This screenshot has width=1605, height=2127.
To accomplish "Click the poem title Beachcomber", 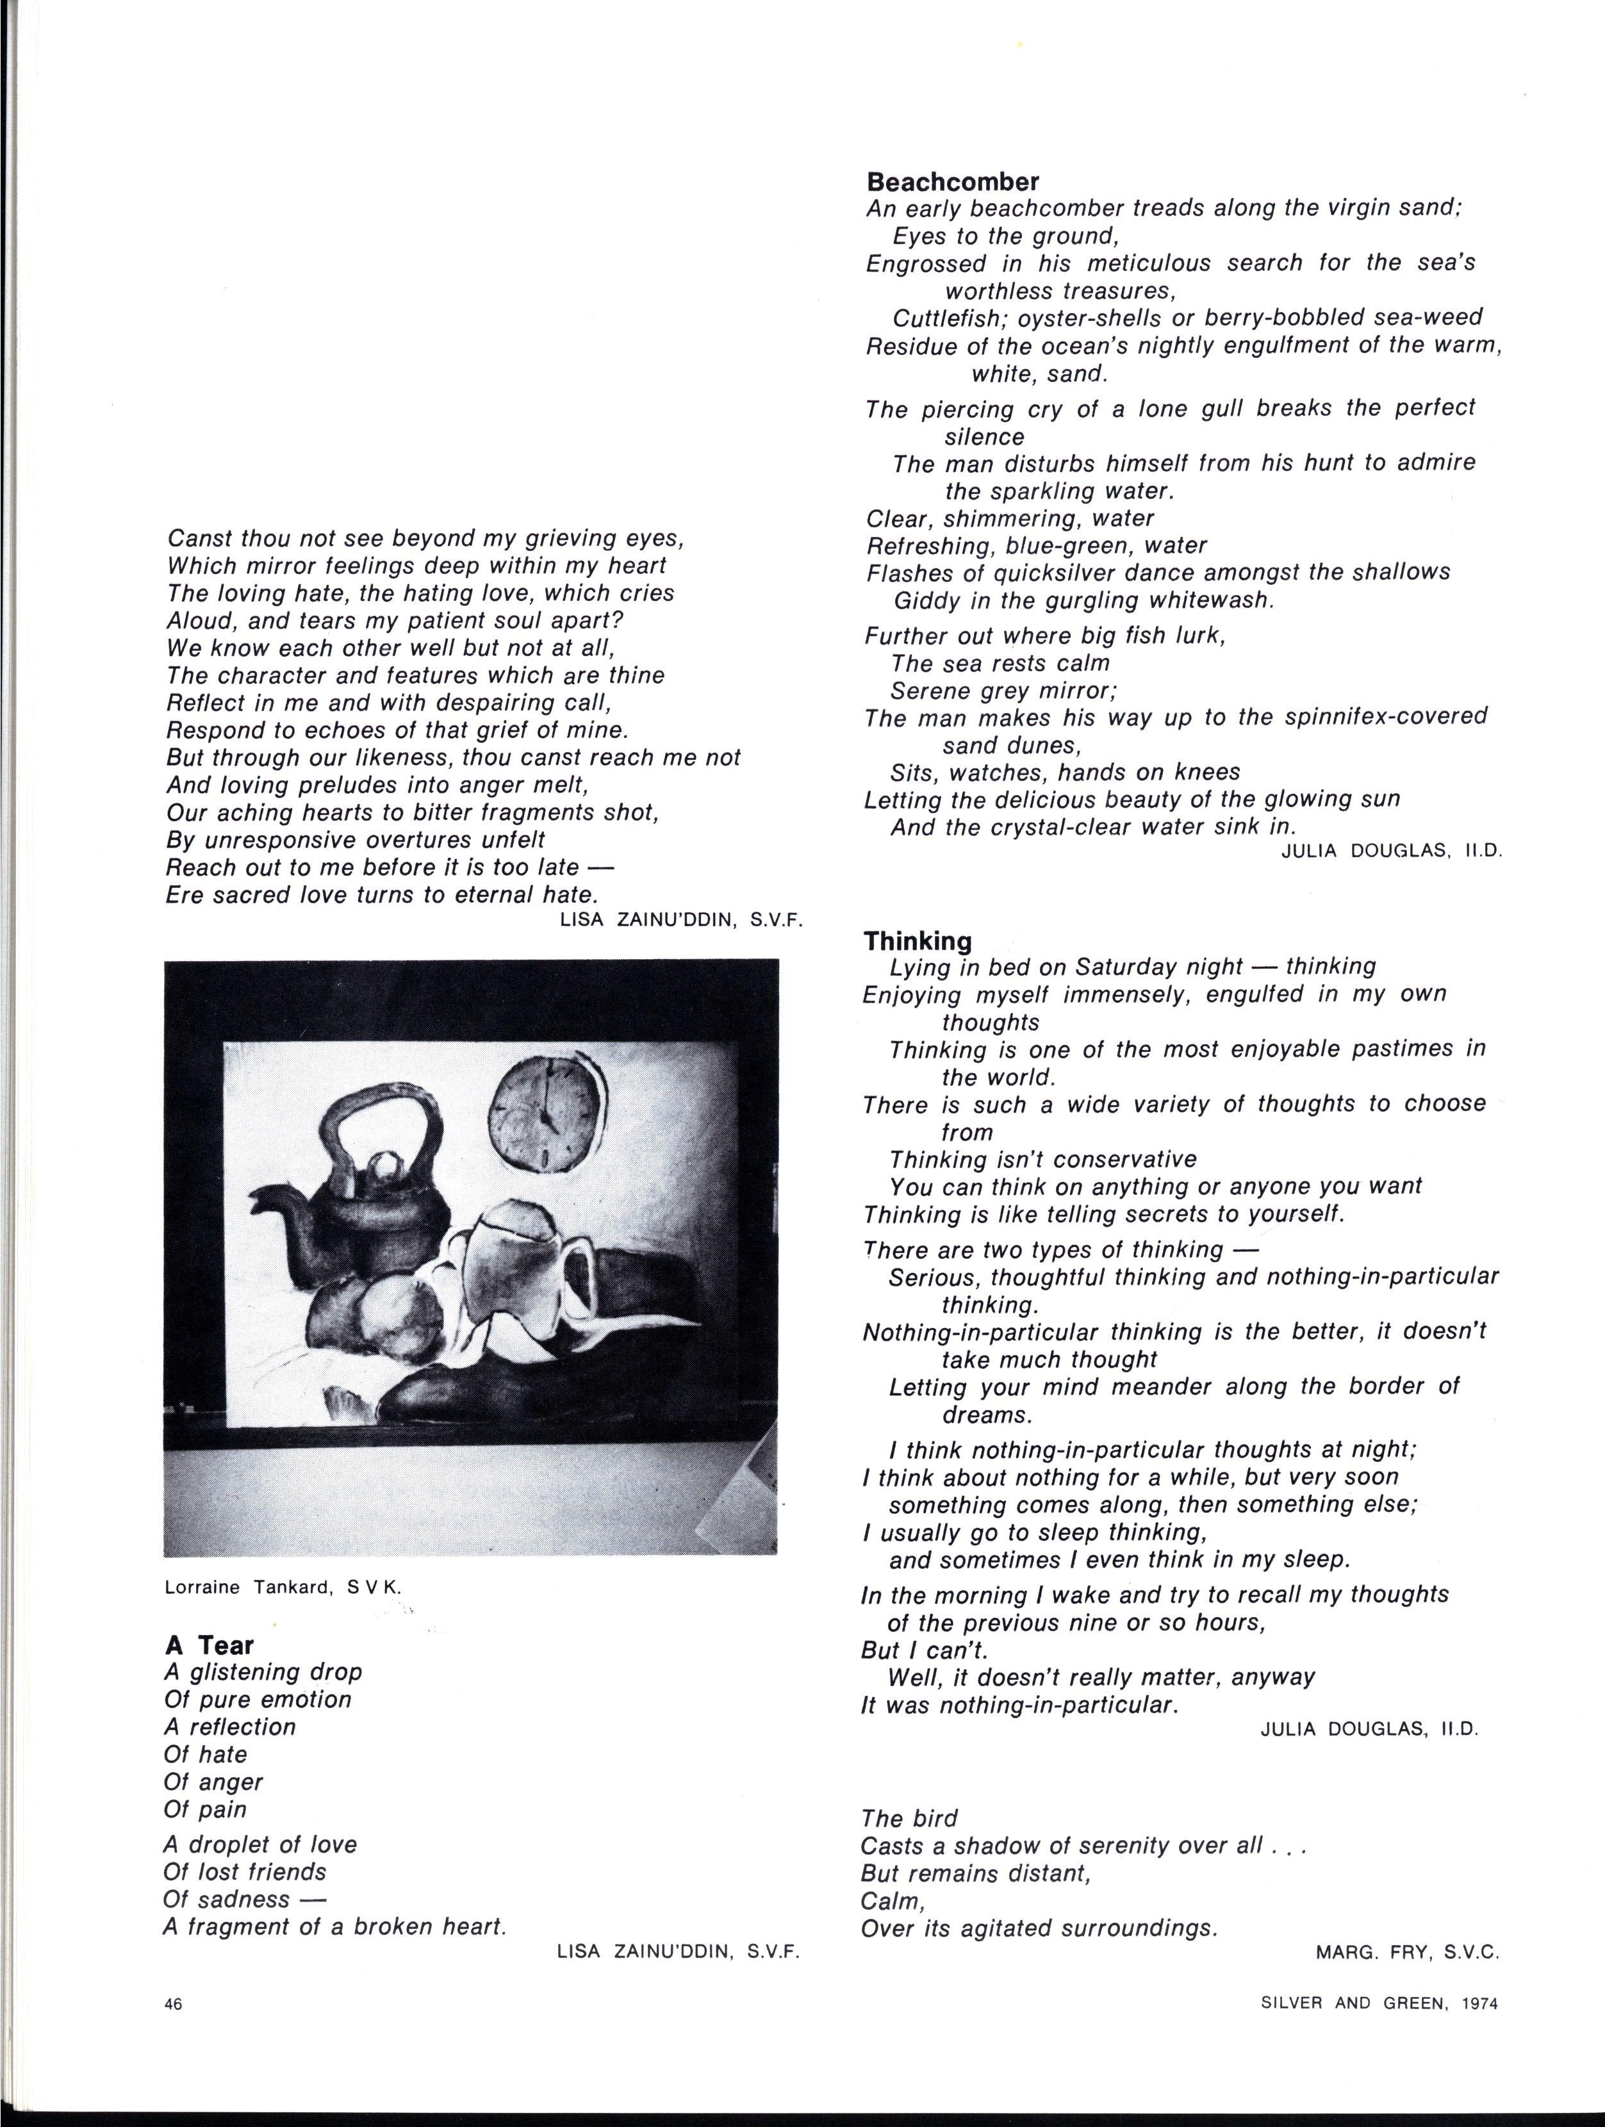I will (x=952, y=181).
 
